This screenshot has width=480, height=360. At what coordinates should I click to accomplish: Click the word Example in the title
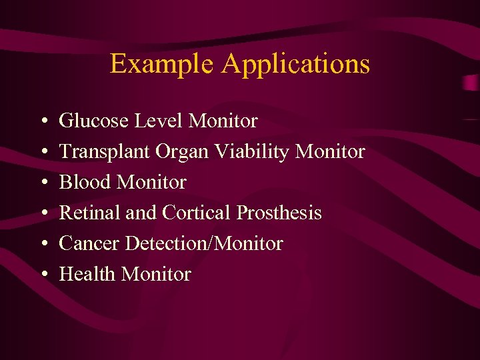163,64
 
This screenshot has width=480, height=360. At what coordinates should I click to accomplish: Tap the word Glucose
94,121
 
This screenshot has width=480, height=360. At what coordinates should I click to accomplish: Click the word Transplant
105,152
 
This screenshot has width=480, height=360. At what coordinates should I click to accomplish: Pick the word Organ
181,153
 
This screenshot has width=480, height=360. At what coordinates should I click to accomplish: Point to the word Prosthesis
279,213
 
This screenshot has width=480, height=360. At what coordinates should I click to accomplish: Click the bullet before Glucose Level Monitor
42,122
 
